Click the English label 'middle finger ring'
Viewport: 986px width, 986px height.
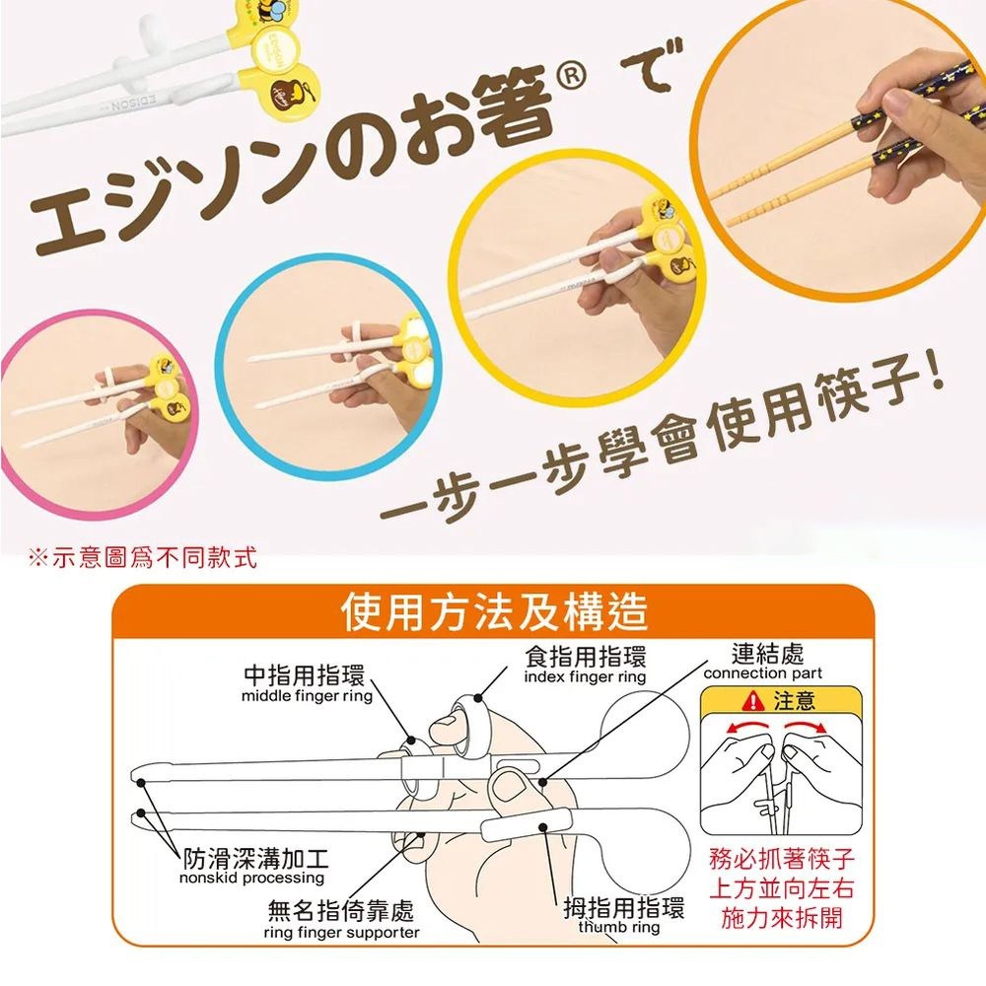tap(307, 696)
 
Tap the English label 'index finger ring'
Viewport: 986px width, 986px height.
tap(585, 677)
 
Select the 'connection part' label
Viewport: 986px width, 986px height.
tap(763, 673)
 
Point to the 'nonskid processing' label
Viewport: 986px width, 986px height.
tap(251, 878)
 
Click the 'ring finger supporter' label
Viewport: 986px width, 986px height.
tap(341, 933)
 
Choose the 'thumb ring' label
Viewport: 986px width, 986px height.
tap(619, 927)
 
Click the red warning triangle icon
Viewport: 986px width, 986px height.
tap(752, 700)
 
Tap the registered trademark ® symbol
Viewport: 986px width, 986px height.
tap(571, 77)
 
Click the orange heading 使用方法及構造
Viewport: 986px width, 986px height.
tap(494, 611)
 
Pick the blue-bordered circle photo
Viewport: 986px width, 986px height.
tap(328, 366)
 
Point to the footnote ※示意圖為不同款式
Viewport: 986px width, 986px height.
tap(143, 558)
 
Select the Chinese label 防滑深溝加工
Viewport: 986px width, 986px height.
tap(255, 859)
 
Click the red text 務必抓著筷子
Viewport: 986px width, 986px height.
tap(782, 858)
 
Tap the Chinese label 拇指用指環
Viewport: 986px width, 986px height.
tap(623, 908)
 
